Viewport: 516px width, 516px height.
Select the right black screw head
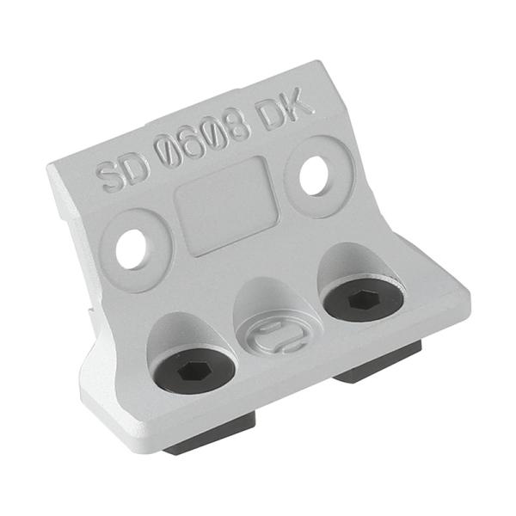(362, 301)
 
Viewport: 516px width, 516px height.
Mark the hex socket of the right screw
(362, 302)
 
